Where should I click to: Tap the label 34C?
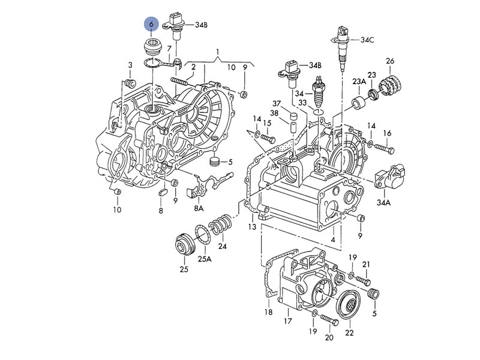click(x=367, y=40)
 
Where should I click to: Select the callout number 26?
click(x=390, y=61)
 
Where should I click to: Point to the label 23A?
click(x=359, y=81)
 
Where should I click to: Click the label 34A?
click(x=383, y=203)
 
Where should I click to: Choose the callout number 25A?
click(x=205, y=259)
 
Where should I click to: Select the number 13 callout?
click(x=251, y=227)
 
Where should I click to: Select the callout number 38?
click(x=274, y=113)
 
